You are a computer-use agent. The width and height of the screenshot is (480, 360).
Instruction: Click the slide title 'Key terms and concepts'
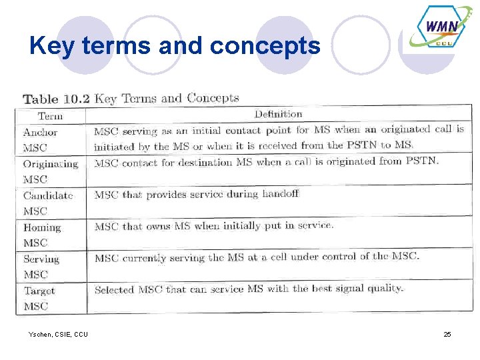[x=175, y=45]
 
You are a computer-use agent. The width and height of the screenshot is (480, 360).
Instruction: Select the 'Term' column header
[x=50, y=116]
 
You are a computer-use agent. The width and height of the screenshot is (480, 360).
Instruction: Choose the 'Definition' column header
[x=278, y=114]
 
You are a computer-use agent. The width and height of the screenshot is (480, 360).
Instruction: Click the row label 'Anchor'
[x=41, y=132]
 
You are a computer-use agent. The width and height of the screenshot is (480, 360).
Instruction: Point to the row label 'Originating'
[x=51, y=164]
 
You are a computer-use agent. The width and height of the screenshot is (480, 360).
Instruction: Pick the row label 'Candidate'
[x=48, y=195]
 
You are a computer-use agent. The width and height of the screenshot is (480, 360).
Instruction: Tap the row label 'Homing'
[x=42, y=227]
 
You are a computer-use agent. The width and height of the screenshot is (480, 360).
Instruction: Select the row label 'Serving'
[x=41, y=259]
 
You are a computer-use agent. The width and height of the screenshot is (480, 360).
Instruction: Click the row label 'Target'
[x=39, y=291]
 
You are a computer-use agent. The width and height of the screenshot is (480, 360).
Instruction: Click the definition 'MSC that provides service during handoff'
[x=196, y=194]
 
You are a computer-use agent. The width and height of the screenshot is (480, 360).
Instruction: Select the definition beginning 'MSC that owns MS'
[x=213, y=226]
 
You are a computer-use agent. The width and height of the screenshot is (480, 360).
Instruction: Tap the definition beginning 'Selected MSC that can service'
[x=249, y=289]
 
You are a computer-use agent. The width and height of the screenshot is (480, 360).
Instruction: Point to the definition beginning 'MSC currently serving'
[x=257, y=257]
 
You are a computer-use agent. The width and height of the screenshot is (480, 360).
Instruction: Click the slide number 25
[x=447, y=333]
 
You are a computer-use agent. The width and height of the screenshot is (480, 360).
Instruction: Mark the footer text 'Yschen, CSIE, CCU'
[x=58, y=333]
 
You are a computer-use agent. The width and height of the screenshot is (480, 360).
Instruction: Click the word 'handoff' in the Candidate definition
[x=280, y=193]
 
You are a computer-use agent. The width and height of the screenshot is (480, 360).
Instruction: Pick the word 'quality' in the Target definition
[x=385, y=288]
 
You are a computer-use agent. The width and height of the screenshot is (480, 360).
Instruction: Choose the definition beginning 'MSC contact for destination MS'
[x=267, y=162]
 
